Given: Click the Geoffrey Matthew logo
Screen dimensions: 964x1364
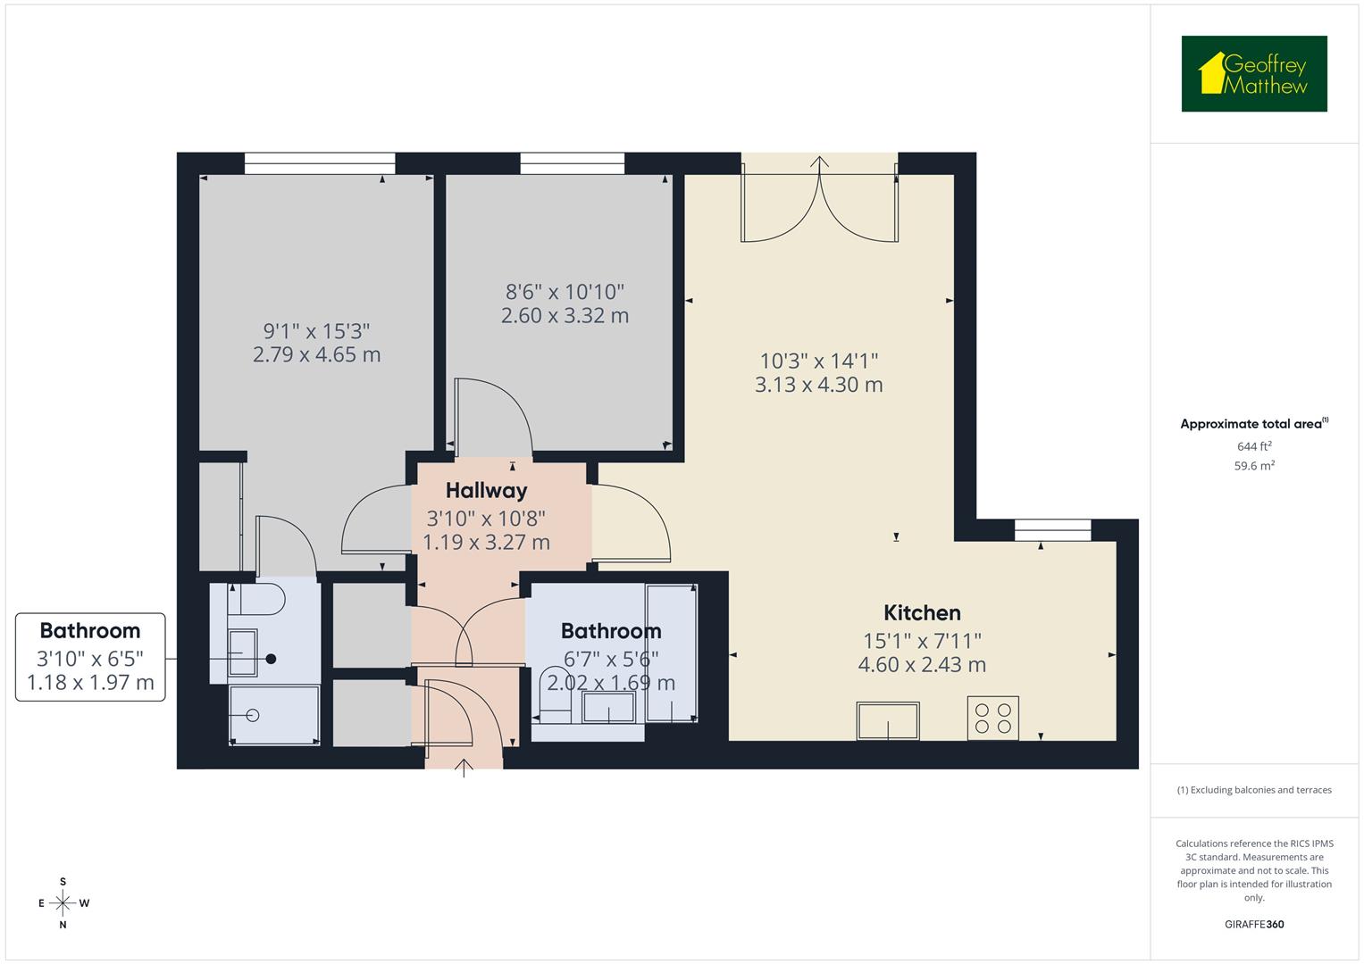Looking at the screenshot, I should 1253,74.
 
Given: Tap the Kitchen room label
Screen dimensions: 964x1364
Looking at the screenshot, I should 922,613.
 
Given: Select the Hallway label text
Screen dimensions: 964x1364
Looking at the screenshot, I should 486,490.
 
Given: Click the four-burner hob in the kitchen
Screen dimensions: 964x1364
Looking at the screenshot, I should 992,719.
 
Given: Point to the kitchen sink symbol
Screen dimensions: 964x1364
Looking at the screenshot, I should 888,721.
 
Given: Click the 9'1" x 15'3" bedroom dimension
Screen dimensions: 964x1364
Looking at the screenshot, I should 316,331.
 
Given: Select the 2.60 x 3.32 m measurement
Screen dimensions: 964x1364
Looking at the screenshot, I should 565,316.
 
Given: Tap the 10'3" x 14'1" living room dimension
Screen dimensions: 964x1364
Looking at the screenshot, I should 818,361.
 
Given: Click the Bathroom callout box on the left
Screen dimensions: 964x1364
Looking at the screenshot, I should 90,657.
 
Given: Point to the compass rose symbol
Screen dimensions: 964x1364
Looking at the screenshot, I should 63,903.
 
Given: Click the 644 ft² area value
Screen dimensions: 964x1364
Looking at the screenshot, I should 1253,446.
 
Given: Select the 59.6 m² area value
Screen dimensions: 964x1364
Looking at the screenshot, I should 1253,466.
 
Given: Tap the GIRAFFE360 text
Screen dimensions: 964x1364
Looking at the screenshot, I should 1253,925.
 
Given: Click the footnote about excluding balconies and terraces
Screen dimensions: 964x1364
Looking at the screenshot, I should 1253,790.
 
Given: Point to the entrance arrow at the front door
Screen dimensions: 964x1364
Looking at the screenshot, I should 464,768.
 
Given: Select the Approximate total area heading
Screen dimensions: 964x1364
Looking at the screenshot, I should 1253,424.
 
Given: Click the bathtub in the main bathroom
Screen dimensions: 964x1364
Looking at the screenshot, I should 672,653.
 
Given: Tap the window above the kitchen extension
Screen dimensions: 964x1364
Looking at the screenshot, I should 1052,530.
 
